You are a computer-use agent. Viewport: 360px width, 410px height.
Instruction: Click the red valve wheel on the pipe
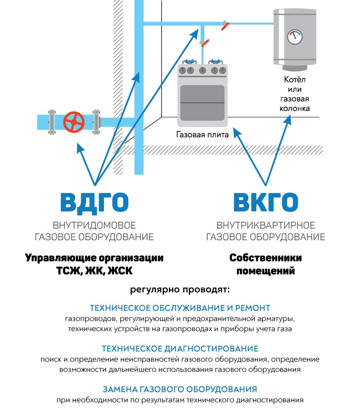(74, 122)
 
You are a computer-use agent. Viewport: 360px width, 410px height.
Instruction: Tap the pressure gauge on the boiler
(295, 37)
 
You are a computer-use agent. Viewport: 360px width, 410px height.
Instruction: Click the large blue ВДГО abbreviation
(94, 202)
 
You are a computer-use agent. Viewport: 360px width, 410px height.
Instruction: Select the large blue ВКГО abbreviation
(266, 202)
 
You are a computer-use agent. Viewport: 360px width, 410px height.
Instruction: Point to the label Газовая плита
(202, 135)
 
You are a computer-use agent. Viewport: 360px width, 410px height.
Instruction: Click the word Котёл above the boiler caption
(295, 79)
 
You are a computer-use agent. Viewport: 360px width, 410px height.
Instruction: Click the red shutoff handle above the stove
(205, 43)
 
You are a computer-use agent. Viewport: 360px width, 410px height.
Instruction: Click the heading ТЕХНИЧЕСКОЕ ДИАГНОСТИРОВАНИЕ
(180, 349)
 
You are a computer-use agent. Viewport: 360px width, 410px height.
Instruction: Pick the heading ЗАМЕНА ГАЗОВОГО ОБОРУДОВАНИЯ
(180, 389)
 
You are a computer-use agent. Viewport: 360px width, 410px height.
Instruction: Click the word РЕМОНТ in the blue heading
(253, 308)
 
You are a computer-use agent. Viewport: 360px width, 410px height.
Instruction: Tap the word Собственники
(266, 258)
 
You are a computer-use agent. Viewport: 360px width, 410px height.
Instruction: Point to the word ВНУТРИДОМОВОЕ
(94, 225)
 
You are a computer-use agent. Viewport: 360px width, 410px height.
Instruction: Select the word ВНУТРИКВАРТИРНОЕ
(266, 225)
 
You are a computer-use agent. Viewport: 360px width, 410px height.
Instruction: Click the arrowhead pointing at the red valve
(80, 148)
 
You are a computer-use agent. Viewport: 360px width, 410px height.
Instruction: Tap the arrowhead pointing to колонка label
(288, 121)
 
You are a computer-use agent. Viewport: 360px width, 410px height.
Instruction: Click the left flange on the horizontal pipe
(52, 122)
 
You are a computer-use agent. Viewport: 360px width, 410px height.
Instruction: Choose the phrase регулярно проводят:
(180, 290)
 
